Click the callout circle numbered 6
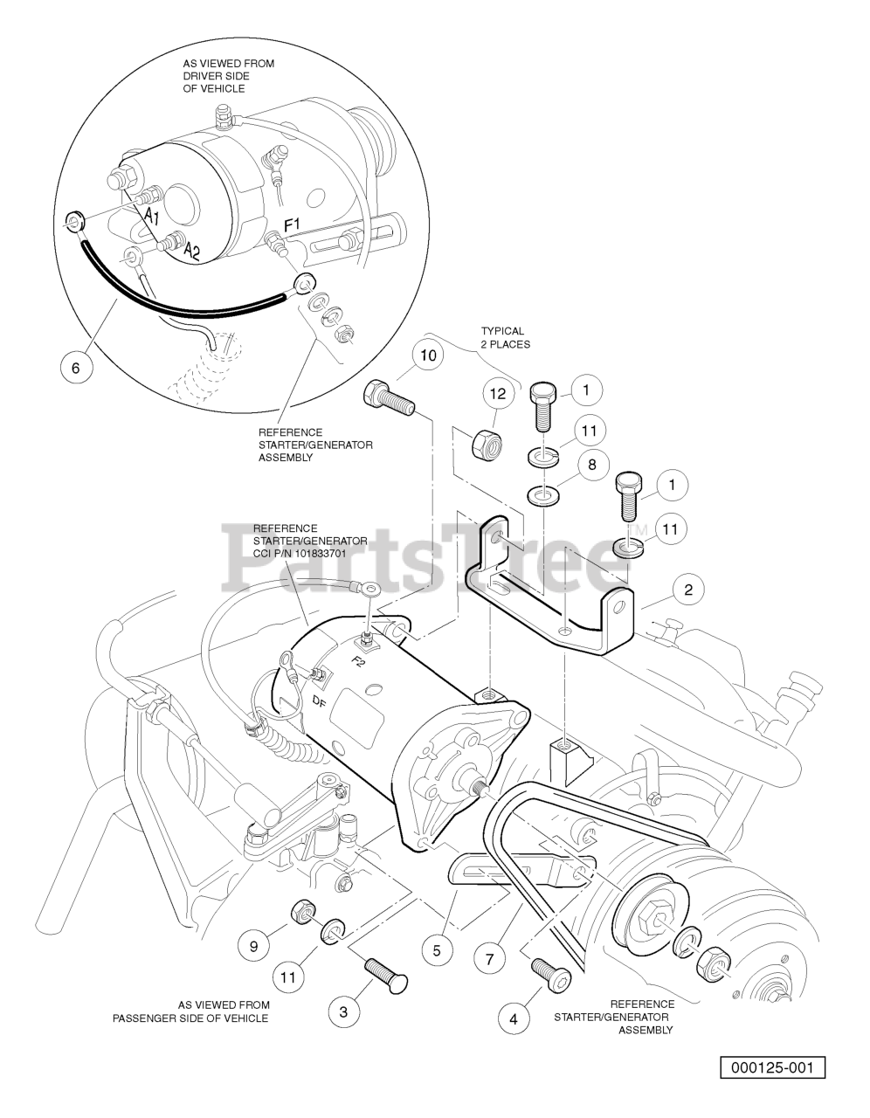[75, 368]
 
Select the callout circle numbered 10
[428, 355]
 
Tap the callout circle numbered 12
[497, 394]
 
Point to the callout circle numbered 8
[592, 465]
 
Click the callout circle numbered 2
[688, 590]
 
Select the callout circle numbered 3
[343, 1011]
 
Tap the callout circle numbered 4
[514, 1018]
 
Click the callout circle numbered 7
[489, 959]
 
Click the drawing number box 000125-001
[772, 1067]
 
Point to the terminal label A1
[151, 215]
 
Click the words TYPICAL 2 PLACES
[502, 337]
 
